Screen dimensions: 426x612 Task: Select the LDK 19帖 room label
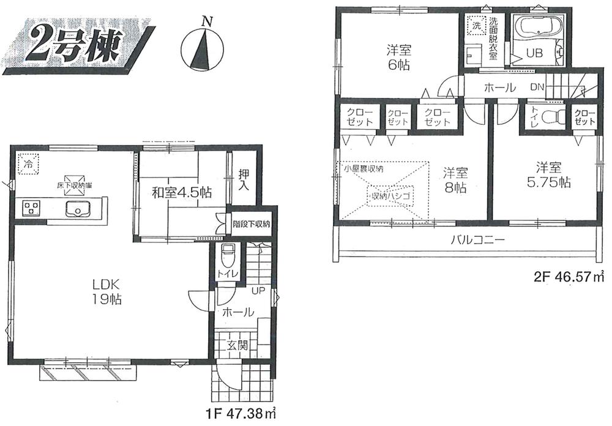click(x=105, y=292)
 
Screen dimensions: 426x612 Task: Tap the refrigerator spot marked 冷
click(x=28, y=163)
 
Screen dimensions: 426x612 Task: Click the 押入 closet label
click(x=243, y=179)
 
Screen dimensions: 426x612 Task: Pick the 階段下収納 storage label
click(x=251, y=224)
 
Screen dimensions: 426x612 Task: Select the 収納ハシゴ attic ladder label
click(x=390, y=195)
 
